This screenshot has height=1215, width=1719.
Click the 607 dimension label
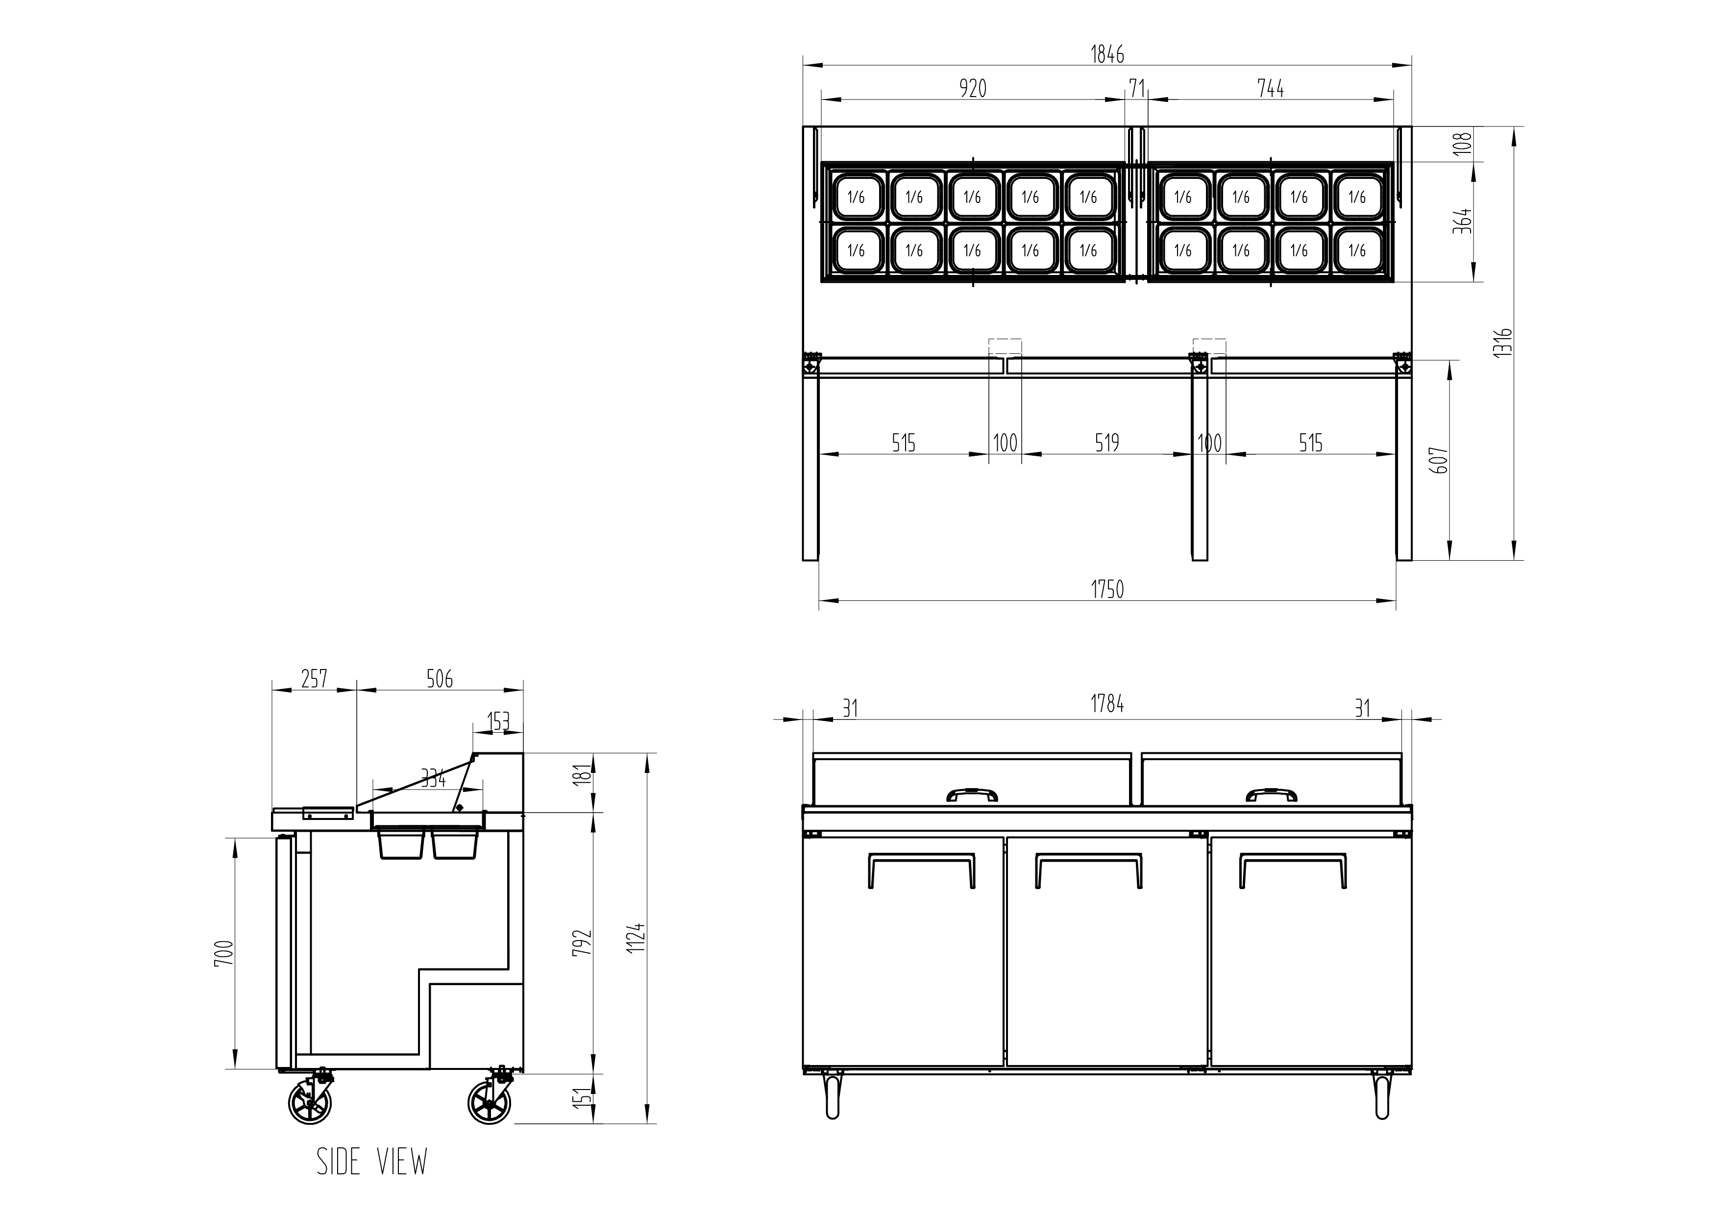point(1440,460)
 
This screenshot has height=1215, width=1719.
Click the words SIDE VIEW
point(372,1162)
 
